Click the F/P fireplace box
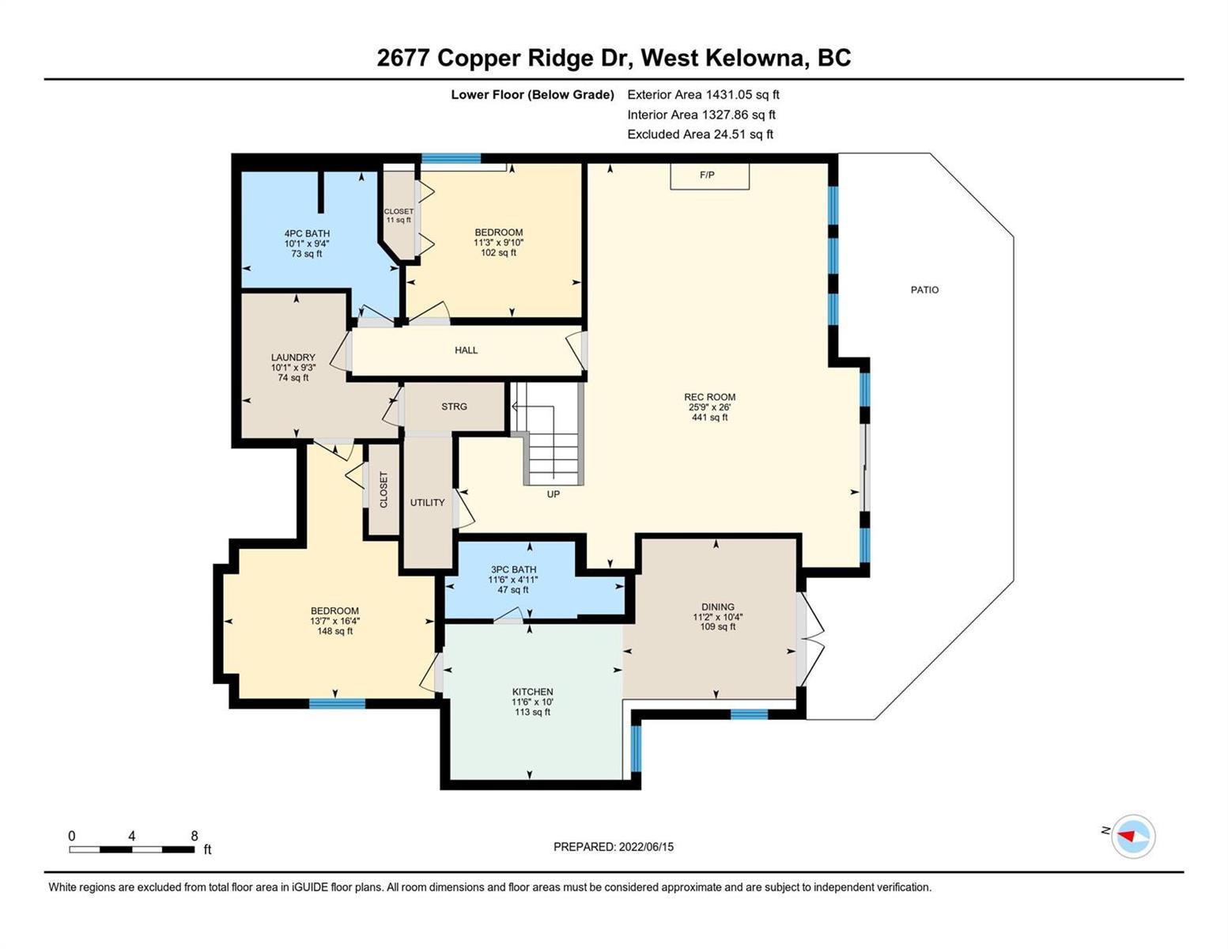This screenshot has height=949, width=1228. pyautogui.click(x=709, y=176)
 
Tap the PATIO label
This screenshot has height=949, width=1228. pyautogui.click(x=924, y=290)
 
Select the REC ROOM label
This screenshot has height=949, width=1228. pyautogui.click(x=710, y=397)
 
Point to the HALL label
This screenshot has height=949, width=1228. pyautogui.click(x=467, y=350)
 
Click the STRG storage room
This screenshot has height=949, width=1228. pyautogui.click(x=455, y=407)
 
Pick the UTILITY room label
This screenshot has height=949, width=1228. pyautogui.click(x=427, y=502)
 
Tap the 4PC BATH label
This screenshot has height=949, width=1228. pyautogui.click(x=307, y=233)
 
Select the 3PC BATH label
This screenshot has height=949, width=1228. pyautogui.click(x=513, y=569)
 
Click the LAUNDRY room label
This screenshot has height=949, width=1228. pyautogui.click(x=293, y=357)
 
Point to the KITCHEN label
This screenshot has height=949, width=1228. pyautogui.click(x=532, y=692)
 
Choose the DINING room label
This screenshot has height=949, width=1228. pyautogui.click(x=718, y=607)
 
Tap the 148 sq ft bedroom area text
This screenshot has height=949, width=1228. pyautogui.click(x=334, y=631)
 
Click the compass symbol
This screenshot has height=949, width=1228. pyautogui.click(x=1133, y=837)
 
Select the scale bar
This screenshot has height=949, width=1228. pyautogui.click(x=132, y=849)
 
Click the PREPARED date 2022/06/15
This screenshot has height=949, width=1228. pyautogui.click(x=646, y=847)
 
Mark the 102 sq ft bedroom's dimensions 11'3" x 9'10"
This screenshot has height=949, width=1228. pyautogui.click(x=498, y=243)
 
